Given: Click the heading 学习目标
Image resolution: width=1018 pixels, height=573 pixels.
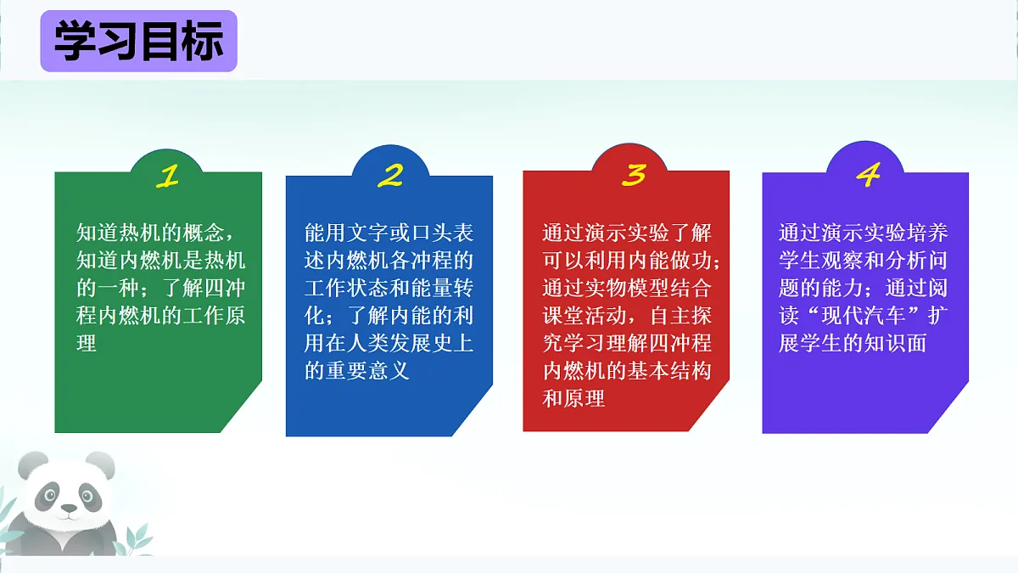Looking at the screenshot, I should (x=138, y=42).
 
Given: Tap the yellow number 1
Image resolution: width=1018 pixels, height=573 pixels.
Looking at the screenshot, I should (x=168, y=176).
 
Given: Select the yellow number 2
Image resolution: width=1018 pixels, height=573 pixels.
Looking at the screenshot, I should (x=390, y=176).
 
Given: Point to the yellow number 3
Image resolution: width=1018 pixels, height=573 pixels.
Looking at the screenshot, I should (x=635, y=174).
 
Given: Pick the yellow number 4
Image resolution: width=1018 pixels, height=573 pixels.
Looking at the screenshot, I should (x=868, y=176).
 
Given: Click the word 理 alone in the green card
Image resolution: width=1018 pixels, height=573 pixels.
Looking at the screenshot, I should (x=87, y=344).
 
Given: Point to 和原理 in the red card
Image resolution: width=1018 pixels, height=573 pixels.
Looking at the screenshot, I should (x=574, y=398).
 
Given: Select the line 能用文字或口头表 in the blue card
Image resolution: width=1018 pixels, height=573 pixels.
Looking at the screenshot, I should (x=389, y=233).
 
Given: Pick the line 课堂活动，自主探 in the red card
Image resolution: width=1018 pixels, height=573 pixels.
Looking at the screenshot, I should (x=627, y=316).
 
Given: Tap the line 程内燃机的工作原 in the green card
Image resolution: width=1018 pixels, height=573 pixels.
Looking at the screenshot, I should (x=160, y=316).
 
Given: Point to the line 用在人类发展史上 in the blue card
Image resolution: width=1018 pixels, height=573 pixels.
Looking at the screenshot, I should (x=389, y=344).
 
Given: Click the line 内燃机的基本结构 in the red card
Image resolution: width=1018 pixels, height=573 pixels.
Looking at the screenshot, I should (x=627, y=371).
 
